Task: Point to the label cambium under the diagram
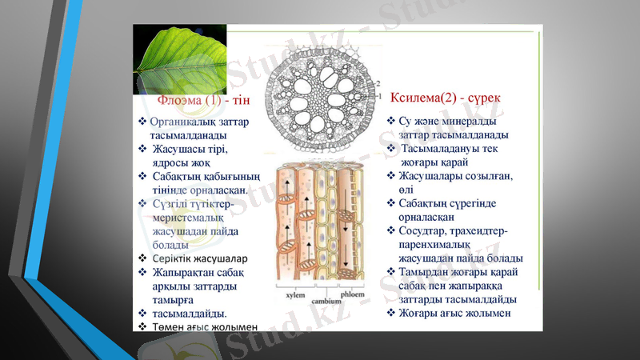326,301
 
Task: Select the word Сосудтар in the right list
423,230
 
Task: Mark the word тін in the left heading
240,101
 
